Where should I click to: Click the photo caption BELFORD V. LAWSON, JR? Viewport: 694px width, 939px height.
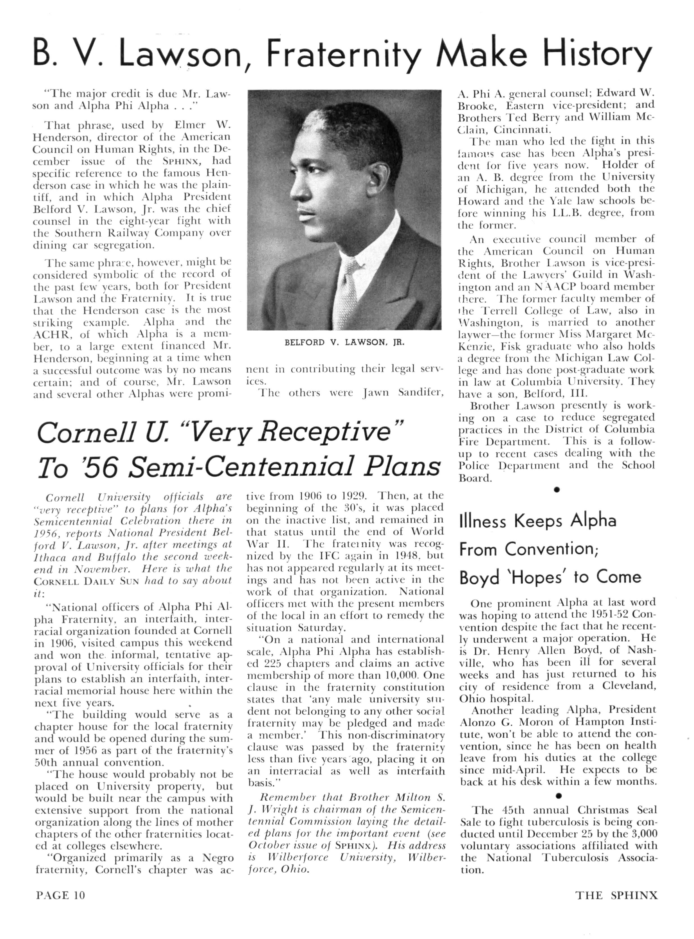(344, 342)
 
